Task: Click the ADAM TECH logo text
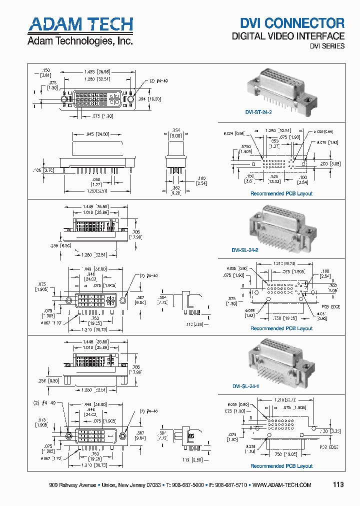80,24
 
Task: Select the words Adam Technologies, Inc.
80,41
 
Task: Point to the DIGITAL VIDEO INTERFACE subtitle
287,36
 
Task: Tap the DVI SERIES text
327,46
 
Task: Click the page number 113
338,484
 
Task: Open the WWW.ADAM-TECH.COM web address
282,485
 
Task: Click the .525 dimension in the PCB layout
274,176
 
